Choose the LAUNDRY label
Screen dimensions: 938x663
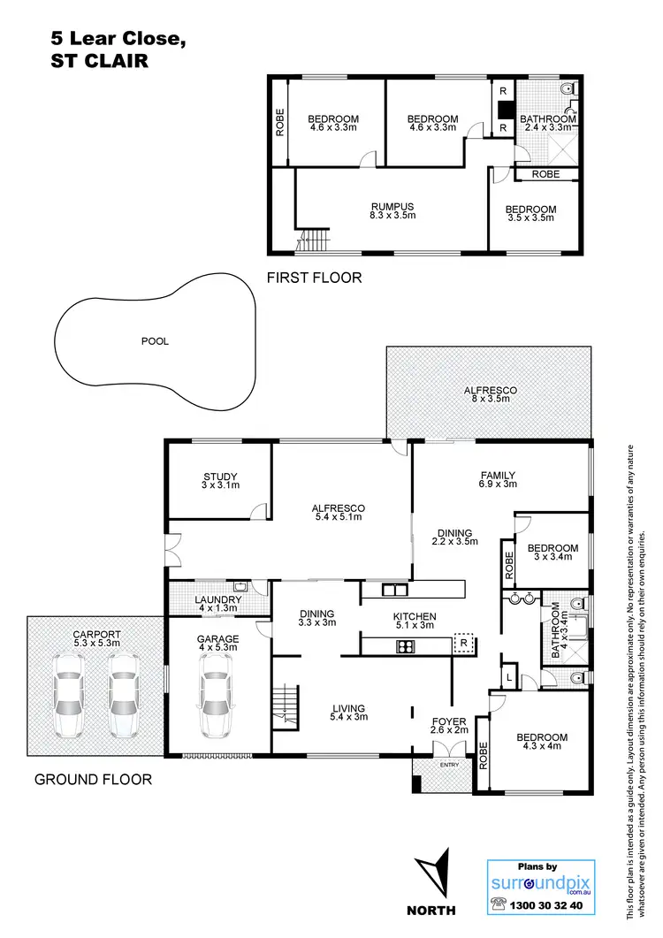[x=217, y=599]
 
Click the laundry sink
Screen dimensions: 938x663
[x=240, y=586]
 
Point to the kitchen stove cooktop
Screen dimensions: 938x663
[x=406, y=646]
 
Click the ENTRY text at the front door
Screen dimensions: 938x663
[x=449, y=765]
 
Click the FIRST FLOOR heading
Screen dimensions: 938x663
[x=315, y=278]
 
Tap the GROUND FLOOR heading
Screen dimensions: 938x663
[x=93, y=779]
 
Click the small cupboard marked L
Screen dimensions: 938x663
[x=510, y=676]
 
